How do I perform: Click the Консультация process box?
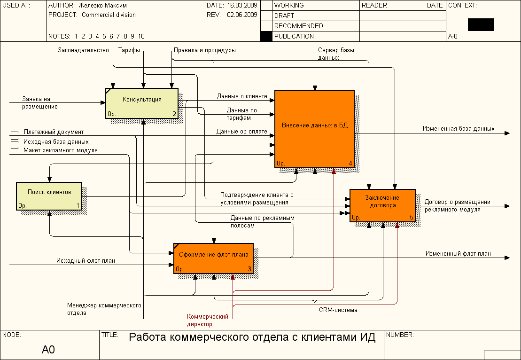click(142, 103)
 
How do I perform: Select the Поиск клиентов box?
click(49, 196)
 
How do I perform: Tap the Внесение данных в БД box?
click(314, 129)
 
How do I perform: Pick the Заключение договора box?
click(382, 205)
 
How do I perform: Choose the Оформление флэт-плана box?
click(213, 258)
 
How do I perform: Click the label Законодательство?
click(83, 50)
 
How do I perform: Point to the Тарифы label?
click(129, 50)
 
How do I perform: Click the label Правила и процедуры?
click(205, 50)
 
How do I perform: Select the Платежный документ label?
click(54, 132)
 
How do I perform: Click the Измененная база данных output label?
click(458, 128)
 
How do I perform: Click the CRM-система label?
click(338, 310)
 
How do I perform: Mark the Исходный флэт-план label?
click(86, 260)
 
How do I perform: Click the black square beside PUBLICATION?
click(266, 36)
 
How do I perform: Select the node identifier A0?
click(48, 349)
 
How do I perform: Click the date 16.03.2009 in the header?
click(242, 6)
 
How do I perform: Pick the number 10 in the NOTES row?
click(141, 36)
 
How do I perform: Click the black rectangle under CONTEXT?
click(481, 24)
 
